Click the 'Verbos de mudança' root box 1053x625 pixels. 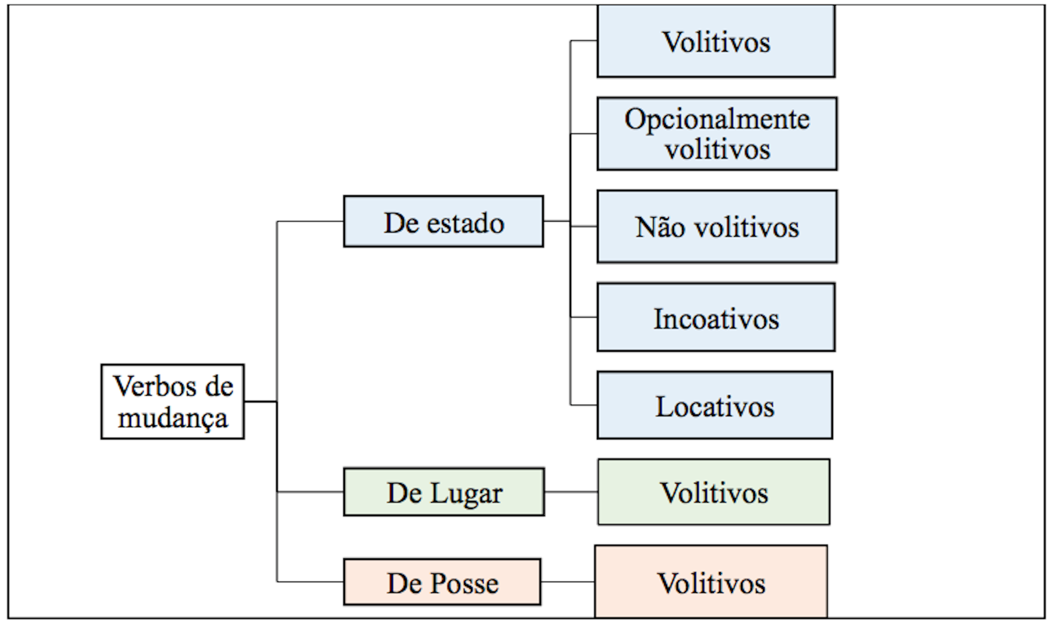[172, 402]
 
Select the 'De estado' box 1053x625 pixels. [444, 221]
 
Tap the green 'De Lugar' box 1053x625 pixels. [444, 492]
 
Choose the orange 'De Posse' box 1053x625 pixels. [442, 582]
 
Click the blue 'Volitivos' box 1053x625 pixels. [716, 41]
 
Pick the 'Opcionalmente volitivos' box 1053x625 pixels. [717, 134]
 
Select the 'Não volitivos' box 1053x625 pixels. [717, 227]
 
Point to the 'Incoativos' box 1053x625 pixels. [716, 317]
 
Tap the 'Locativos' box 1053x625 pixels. [715, 405]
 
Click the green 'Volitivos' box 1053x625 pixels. [714, 492]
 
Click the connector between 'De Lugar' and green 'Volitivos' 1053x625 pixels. [571, 492]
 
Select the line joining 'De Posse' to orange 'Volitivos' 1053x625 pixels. [568, 582]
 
